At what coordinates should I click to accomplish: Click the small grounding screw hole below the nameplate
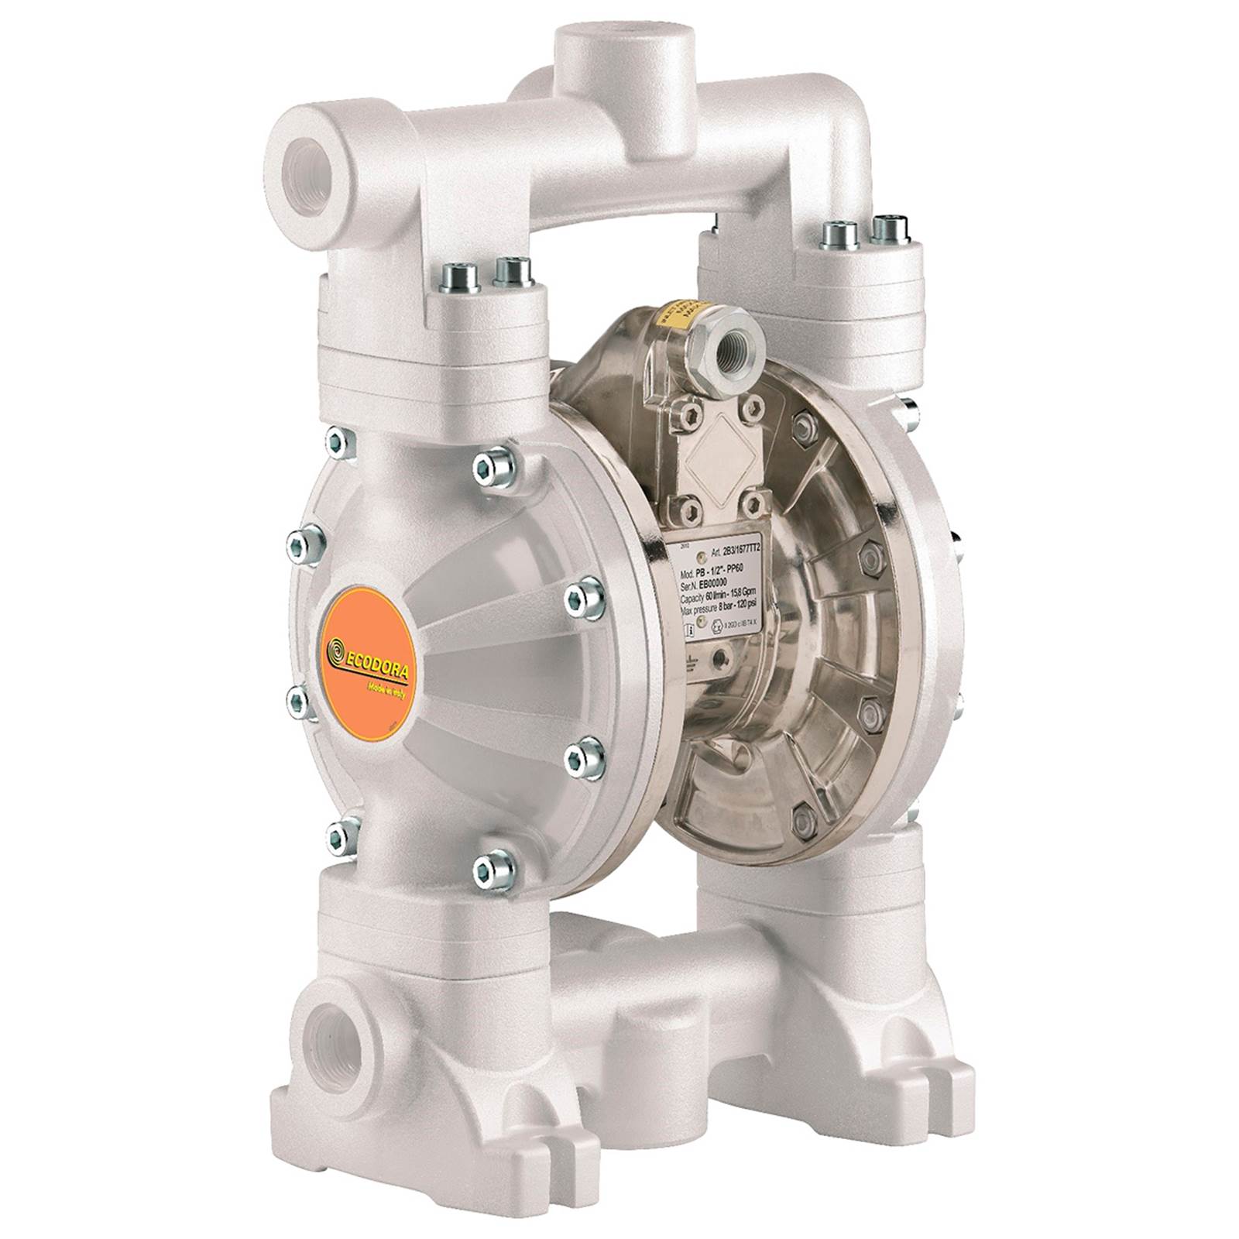(x=722, y=657)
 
